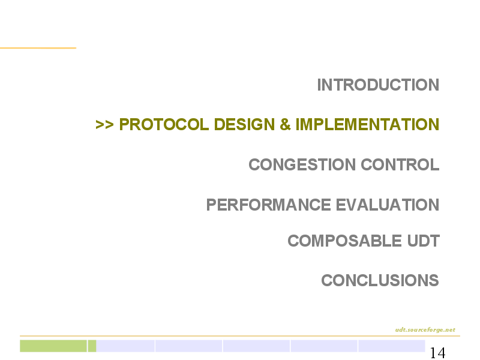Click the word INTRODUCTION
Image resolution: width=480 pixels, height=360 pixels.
coord(378,85)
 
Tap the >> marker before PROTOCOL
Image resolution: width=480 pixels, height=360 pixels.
coord(104,125)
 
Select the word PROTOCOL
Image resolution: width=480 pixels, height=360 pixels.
coord(164,124)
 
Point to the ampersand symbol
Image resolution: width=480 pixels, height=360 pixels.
coord(285,124)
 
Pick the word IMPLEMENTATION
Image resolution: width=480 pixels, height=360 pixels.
coord(367,124)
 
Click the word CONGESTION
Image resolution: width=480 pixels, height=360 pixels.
coord(302,164)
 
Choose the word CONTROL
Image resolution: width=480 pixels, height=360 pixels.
coord(400,164)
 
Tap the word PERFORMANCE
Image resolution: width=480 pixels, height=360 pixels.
coord(268,205)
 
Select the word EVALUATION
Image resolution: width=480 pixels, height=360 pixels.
coord(388,205)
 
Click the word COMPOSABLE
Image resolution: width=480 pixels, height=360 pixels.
coord(344,241)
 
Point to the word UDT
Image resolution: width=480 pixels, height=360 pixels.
coord(424,241)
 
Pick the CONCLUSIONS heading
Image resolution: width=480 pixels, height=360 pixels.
coord(380,280)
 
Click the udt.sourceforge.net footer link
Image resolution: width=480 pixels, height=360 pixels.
coord(425,329)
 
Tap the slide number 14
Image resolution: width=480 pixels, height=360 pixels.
coord(438,353)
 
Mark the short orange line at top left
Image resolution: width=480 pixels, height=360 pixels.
coord(38,48)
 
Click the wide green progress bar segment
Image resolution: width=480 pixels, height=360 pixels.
coord(53,346)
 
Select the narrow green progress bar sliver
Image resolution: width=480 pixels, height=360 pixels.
coord(92,346)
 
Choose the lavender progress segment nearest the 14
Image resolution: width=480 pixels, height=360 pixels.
coord(392,346)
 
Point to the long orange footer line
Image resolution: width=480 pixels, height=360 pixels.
coord(240,336)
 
